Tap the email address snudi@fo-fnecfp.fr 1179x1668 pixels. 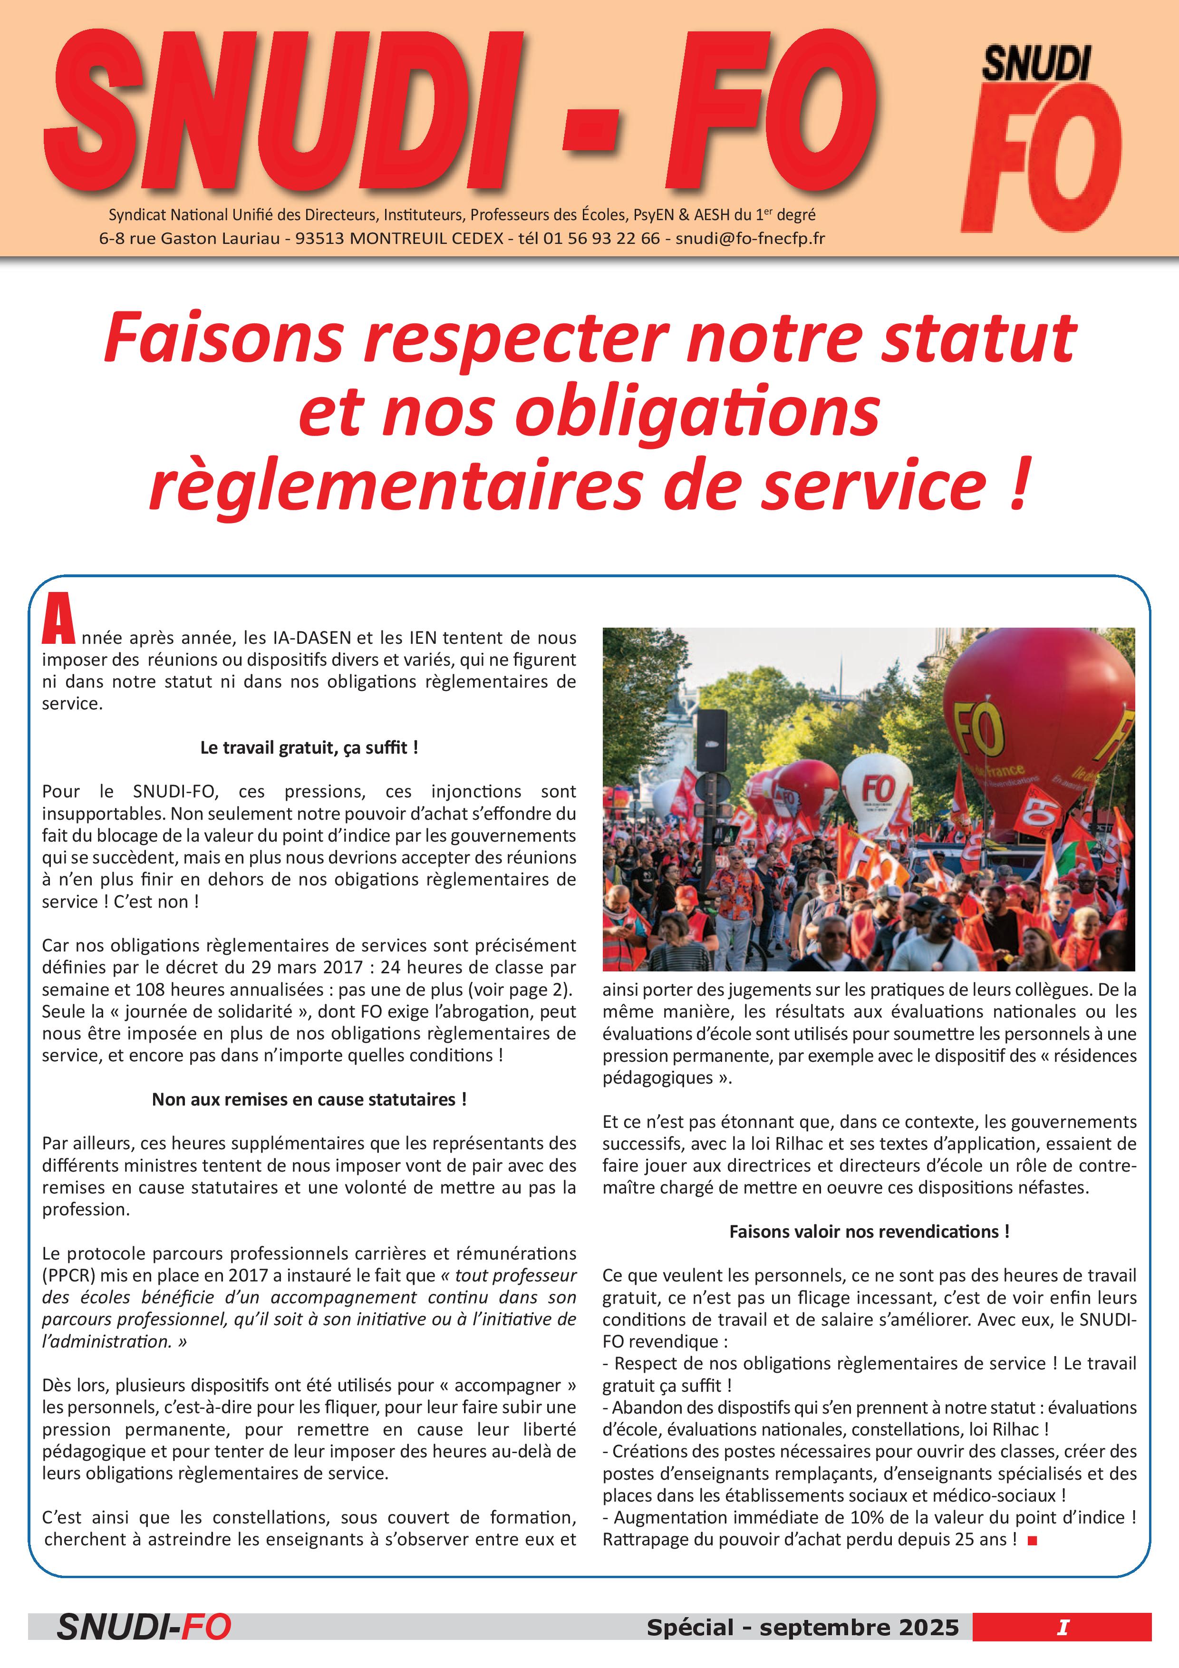click(750, 238)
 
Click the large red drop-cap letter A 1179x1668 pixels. click(58, 620)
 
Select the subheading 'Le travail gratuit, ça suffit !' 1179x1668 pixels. click(309, 747)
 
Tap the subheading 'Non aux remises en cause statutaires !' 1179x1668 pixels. click(309, 1099)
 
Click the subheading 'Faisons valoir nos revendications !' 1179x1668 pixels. click(869, 1232)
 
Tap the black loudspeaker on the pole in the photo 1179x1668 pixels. click(712, 740)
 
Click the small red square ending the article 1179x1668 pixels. click(1032, 1540)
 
